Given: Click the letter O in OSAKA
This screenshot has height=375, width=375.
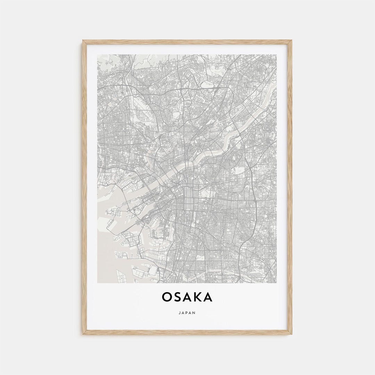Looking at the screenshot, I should (167, 297).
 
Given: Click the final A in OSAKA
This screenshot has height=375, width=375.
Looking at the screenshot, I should (208, 297).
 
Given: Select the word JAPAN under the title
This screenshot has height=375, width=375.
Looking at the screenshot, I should (187, 313).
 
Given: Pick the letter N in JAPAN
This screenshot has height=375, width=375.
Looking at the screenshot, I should (194, 313).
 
